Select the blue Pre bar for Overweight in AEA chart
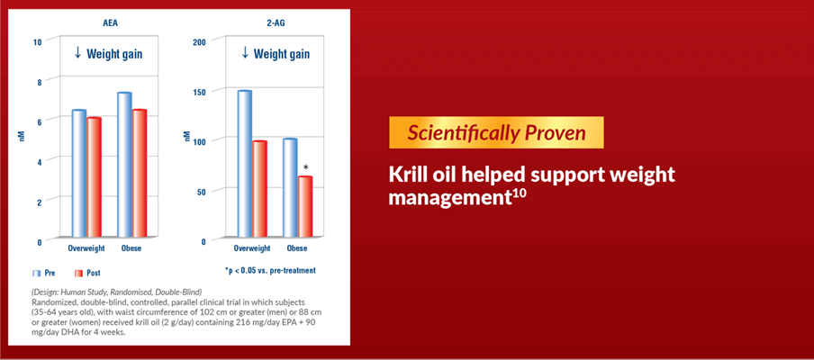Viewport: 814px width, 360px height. coord(79,174)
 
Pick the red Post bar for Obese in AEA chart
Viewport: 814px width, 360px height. coord(140,174)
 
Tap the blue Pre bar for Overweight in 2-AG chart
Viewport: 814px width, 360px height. coord(245,164)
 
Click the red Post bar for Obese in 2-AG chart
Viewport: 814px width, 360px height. coord(304,207)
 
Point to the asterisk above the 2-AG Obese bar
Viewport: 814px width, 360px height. coord(306,167)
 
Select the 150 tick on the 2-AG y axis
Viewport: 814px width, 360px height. coord(200,92)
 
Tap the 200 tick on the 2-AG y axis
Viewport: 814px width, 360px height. coord(200,42)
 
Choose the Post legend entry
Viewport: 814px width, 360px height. coord(87,273)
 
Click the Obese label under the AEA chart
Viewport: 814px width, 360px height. coord(131,248)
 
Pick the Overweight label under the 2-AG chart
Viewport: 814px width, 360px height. coord(252,248)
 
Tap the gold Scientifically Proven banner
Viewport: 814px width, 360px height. coord(496,132)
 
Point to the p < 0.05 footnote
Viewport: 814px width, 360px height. coord(270,271)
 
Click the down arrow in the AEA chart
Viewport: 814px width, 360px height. coord(77,53)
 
